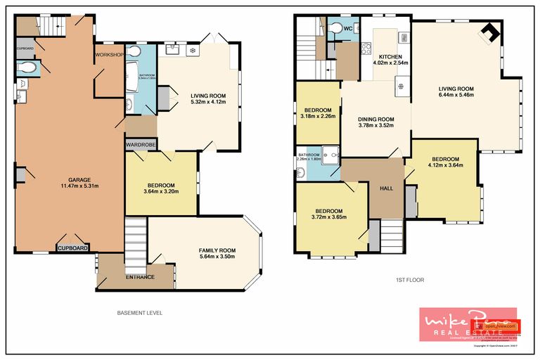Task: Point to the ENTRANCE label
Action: [140, 276]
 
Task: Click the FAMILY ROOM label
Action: [216, 250]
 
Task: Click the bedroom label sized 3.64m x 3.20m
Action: [160, 185]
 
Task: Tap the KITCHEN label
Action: [390, 56]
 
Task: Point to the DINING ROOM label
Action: [375, 119]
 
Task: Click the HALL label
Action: [386, 188]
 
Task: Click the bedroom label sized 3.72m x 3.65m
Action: [328, 211]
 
